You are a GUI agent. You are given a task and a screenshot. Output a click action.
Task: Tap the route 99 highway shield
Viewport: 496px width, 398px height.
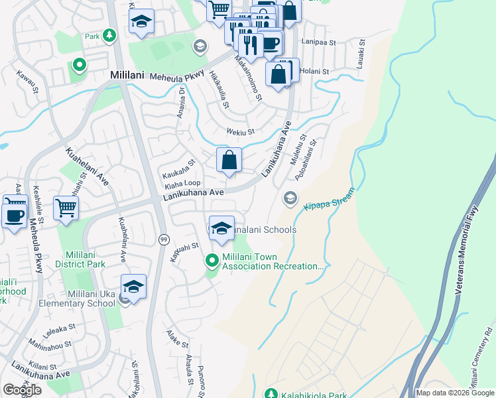(162, 239)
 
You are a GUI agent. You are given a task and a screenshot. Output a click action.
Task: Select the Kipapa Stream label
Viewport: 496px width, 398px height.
(329, 199)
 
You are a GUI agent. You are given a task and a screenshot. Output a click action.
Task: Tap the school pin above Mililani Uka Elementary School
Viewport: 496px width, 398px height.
(133, 288)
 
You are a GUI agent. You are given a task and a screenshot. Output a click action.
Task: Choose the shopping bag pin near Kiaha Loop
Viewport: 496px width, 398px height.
(229, 161)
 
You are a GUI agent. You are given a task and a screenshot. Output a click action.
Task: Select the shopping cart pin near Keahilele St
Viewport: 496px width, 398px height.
(66, 208)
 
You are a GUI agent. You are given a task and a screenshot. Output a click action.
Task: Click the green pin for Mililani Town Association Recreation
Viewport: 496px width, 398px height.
(213, 261)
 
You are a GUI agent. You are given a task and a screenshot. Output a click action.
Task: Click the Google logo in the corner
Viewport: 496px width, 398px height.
(22, 390)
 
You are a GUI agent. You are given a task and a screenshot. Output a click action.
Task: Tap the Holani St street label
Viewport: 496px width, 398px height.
(314, 72)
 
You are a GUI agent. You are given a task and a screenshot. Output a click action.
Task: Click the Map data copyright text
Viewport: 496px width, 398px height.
(454, 393)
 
